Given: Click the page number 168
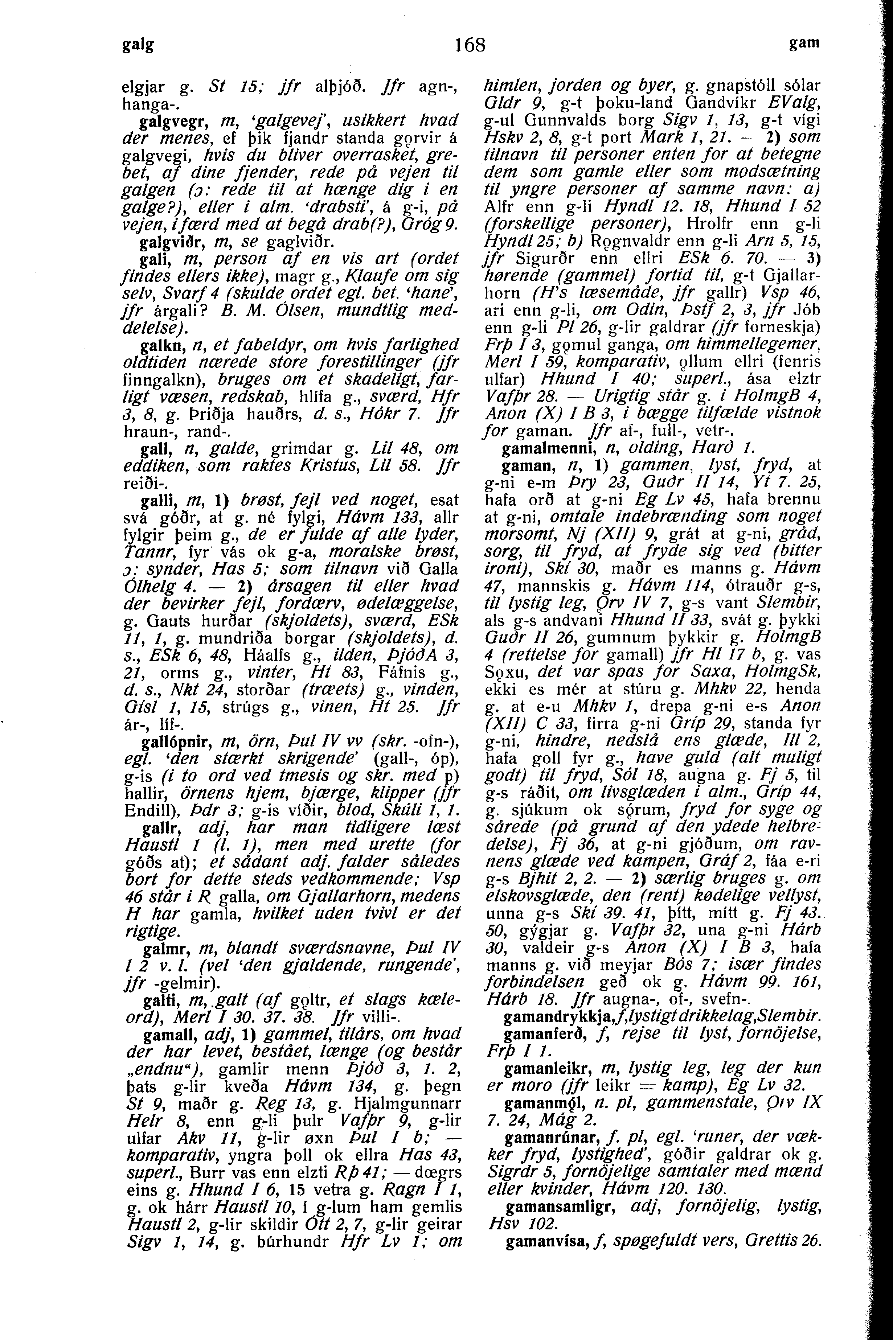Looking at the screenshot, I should point(470,44).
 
